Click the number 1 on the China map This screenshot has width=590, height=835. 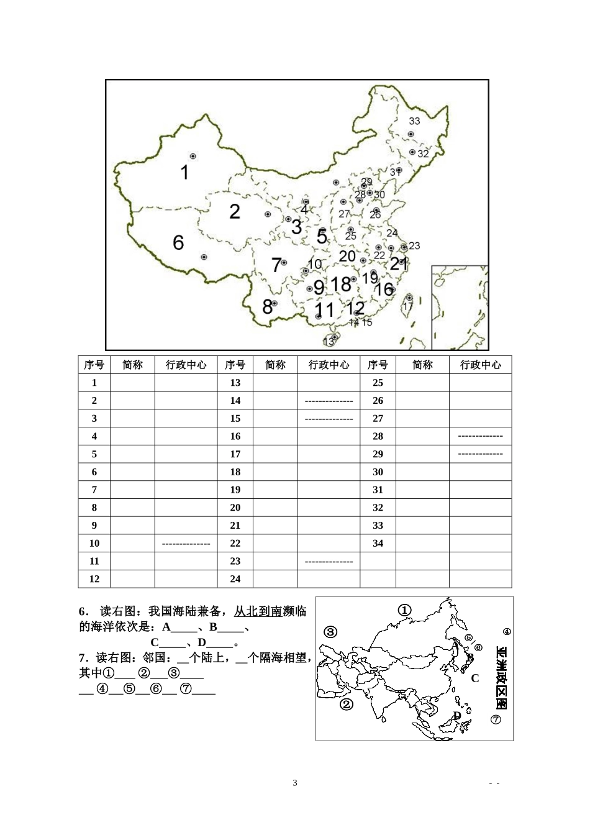click(x=184, y=172)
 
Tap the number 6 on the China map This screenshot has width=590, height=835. click(x=178, y=242)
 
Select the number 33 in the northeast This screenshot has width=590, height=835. click(x=414, y=121)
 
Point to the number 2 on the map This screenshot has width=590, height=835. click(x=234, y=212)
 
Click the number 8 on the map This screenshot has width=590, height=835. click(x=267, y=307)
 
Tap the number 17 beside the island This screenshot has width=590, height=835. click(x=408, y=307)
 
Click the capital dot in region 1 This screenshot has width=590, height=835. click(x=193, y=156)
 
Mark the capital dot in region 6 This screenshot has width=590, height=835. click(x=204, y=257)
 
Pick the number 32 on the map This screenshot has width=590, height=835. click(x=423, y=154)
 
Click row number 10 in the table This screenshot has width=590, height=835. click(x=94, y=543)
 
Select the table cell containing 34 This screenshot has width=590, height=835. click(x=378, y=543)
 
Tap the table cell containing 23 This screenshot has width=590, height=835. click(x=235, y=561)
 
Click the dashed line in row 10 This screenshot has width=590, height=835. click(x=186, y=544)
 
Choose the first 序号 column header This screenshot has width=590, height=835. click(x=94, y=365)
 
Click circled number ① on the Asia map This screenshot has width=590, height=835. click(x=404, y=610)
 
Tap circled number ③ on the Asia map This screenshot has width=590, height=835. click(x=330, y=632)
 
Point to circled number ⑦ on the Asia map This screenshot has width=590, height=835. click(x=496, y=719)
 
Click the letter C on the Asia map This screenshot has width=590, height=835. click(x=475, y=678)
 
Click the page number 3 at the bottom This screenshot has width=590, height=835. click(x=295, y=783)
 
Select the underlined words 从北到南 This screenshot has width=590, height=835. click(x=258, y=611)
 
